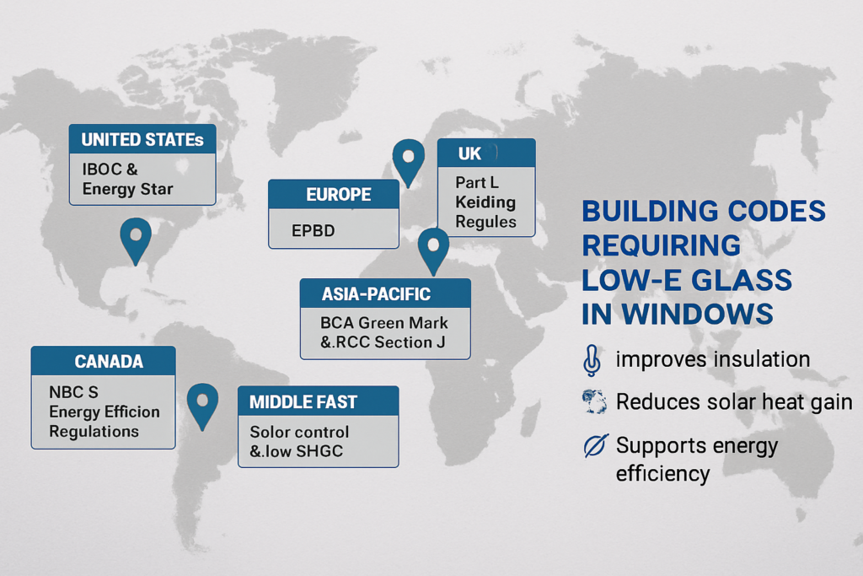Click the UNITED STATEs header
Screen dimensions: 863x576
point(142,139)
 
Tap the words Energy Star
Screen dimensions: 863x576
point(128,189)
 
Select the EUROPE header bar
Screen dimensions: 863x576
point(334,194)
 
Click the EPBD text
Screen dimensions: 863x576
point(314,230)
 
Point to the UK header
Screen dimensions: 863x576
point(486,153)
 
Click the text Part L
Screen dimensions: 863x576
point(477,182)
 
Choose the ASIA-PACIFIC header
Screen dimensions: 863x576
point(385,293)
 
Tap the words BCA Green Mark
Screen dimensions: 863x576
point(384,323)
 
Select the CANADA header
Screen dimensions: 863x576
point(104,361)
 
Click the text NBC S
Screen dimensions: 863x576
point(74,392)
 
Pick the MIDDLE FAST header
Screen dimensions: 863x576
point(318,401)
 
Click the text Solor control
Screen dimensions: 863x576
point(299,432)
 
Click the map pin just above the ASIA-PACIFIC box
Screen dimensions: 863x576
point(433,248)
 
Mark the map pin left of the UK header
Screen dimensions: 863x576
point(409,159)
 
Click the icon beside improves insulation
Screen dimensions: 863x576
point(592,361)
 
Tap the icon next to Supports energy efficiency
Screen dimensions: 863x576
point(596,445)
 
